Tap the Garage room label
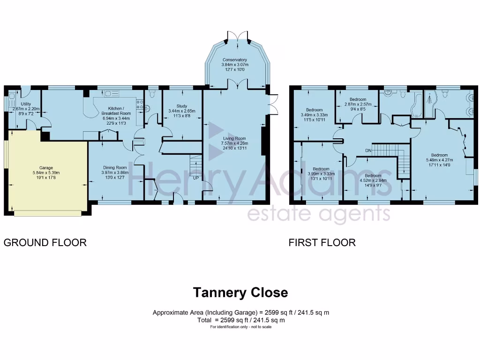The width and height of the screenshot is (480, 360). (x=46, y=168)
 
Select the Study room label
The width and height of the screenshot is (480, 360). (x=182, y=106)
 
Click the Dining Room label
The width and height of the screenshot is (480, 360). (x=115, y=167)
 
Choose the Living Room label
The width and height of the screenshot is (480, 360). (x=234, y=138)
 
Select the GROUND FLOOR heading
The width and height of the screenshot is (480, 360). (x=45, y=242)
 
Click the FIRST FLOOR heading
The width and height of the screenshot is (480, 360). (x=322, y=242)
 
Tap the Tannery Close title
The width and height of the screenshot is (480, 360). (x=240, y=293)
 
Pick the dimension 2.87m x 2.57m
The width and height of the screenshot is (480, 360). (x=358, y=104)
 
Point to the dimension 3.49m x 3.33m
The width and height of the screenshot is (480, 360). (x=314, y=115)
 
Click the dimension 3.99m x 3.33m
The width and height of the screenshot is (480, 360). (x=321, y=173)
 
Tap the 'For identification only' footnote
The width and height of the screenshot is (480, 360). (x=240, y=327)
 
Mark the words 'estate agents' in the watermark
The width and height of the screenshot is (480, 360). (x=318, y=214)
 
